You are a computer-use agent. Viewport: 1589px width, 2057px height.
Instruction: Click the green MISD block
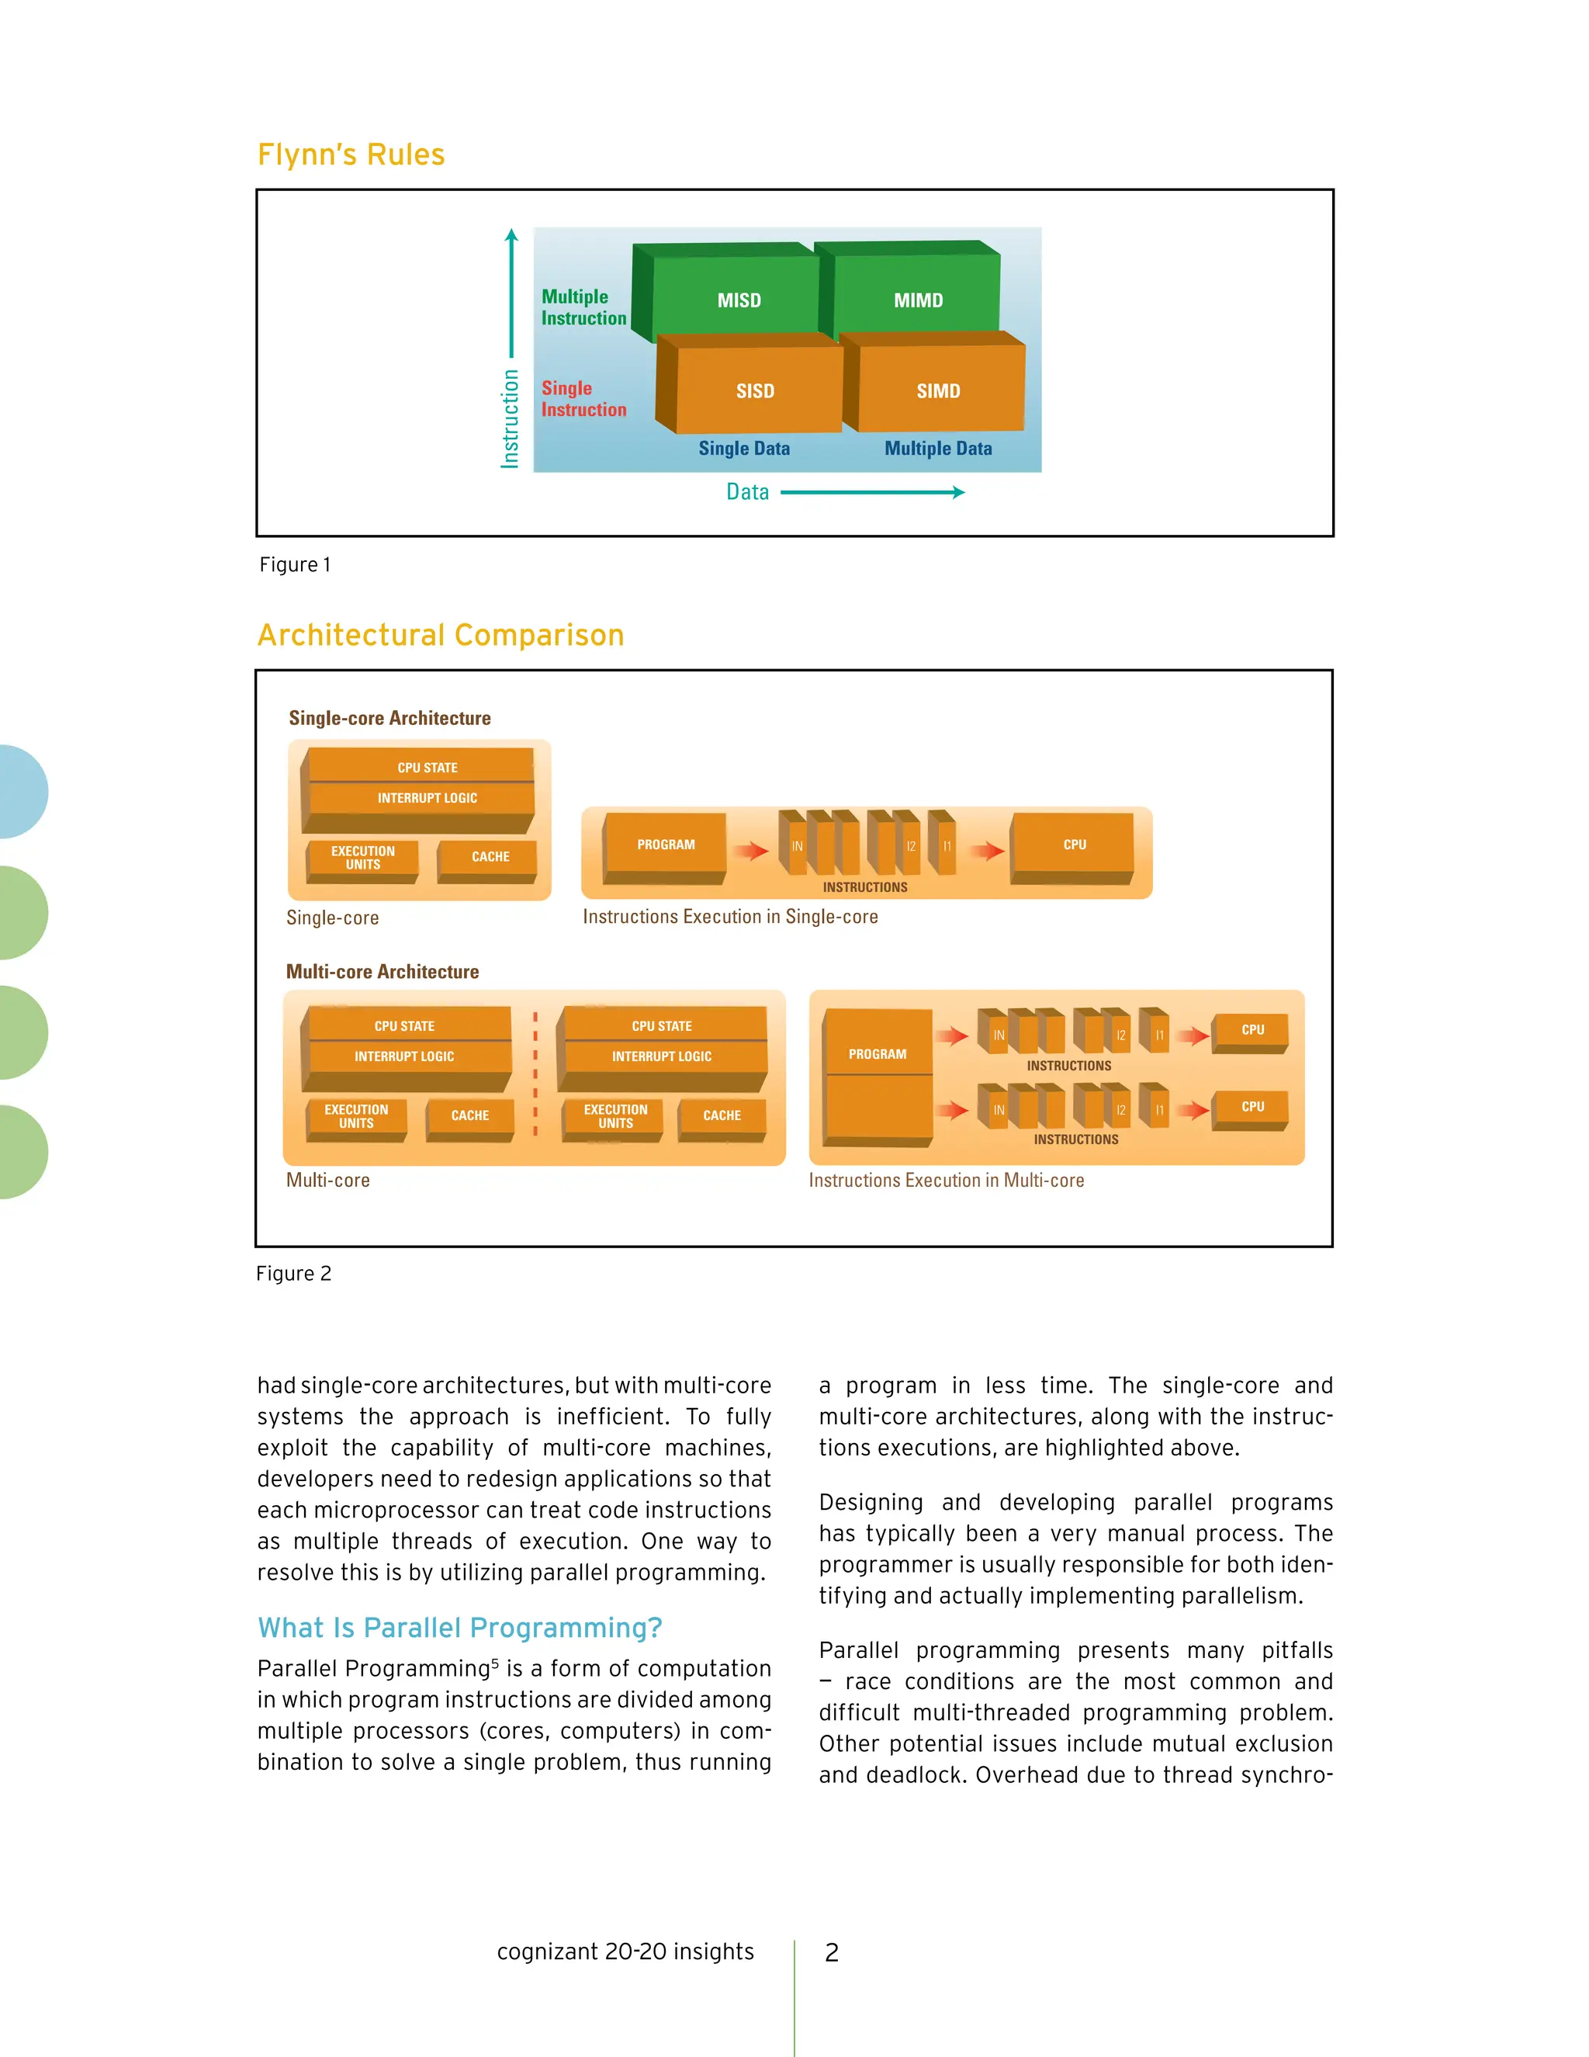coord(738,300)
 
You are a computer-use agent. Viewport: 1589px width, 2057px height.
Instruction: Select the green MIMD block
coord(917,300)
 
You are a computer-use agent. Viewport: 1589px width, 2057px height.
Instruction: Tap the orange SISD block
coord(755,390)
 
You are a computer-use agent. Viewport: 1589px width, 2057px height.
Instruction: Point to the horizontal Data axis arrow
coord(871,491)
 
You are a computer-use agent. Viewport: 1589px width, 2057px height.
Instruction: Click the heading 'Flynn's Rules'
coord(351,154)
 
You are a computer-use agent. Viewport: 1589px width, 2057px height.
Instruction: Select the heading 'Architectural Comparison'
coord(441,635)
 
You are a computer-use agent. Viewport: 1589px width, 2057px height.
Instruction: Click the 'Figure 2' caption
coord(294,1273)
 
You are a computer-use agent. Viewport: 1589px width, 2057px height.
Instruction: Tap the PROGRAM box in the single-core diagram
coord(666,844)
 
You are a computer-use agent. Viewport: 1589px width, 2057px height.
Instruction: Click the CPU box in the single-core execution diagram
coord(1073,844)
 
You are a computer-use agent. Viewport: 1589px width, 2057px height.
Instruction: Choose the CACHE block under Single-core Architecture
coord(490,856)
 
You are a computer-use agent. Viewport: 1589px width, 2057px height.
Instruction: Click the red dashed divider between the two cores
coord(535,1074)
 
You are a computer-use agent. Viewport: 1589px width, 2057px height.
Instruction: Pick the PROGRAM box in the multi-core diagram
coord(878,1054)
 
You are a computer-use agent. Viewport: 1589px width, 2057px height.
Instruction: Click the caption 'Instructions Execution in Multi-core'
coord(946,1180)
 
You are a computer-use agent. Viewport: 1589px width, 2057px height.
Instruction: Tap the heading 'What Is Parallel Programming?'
coord(459,1628)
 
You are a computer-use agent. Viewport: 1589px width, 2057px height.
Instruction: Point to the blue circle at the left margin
coord(21,791)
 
